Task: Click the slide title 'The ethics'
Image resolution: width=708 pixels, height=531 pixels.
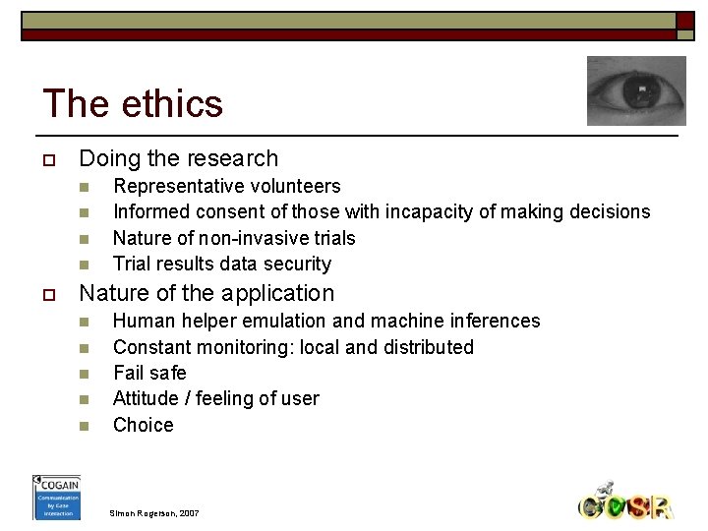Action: click(133, 103)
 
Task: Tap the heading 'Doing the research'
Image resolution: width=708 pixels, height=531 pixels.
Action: click(178, 158)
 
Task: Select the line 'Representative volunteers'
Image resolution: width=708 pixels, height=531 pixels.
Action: click(226, 186)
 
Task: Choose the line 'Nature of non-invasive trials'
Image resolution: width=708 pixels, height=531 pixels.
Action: click(234, 238)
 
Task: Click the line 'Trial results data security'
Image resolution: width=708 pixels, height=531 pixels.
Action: click(221, 264)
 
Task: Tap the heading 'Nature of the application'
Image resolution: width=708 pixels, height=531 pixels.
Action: click(206, 293)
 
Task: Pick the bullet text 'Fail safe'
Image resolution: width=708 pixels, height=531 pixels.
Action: click(149, 373)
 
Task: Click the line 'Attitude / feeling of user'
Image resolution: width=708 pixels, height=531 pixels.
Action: click(215, 398)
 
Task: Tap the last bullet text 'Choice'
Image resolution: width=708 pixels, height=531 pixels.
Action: click(143, 425)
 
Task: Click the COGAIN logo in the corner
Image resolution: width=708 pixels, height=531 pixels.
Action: click(56, 497)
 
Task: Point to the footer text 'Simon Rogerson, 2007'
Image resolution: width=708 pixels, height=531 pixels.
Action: click(155, 513)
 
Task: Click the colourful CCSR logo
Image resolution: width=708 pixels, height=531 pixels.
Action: click(624, 503)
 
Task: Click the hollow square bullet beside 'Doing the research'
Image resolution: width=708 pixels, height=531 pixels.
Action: click(46, 159)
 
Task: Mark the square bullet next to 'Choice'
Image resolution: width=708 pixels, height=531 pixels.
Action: click(84, 426)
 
